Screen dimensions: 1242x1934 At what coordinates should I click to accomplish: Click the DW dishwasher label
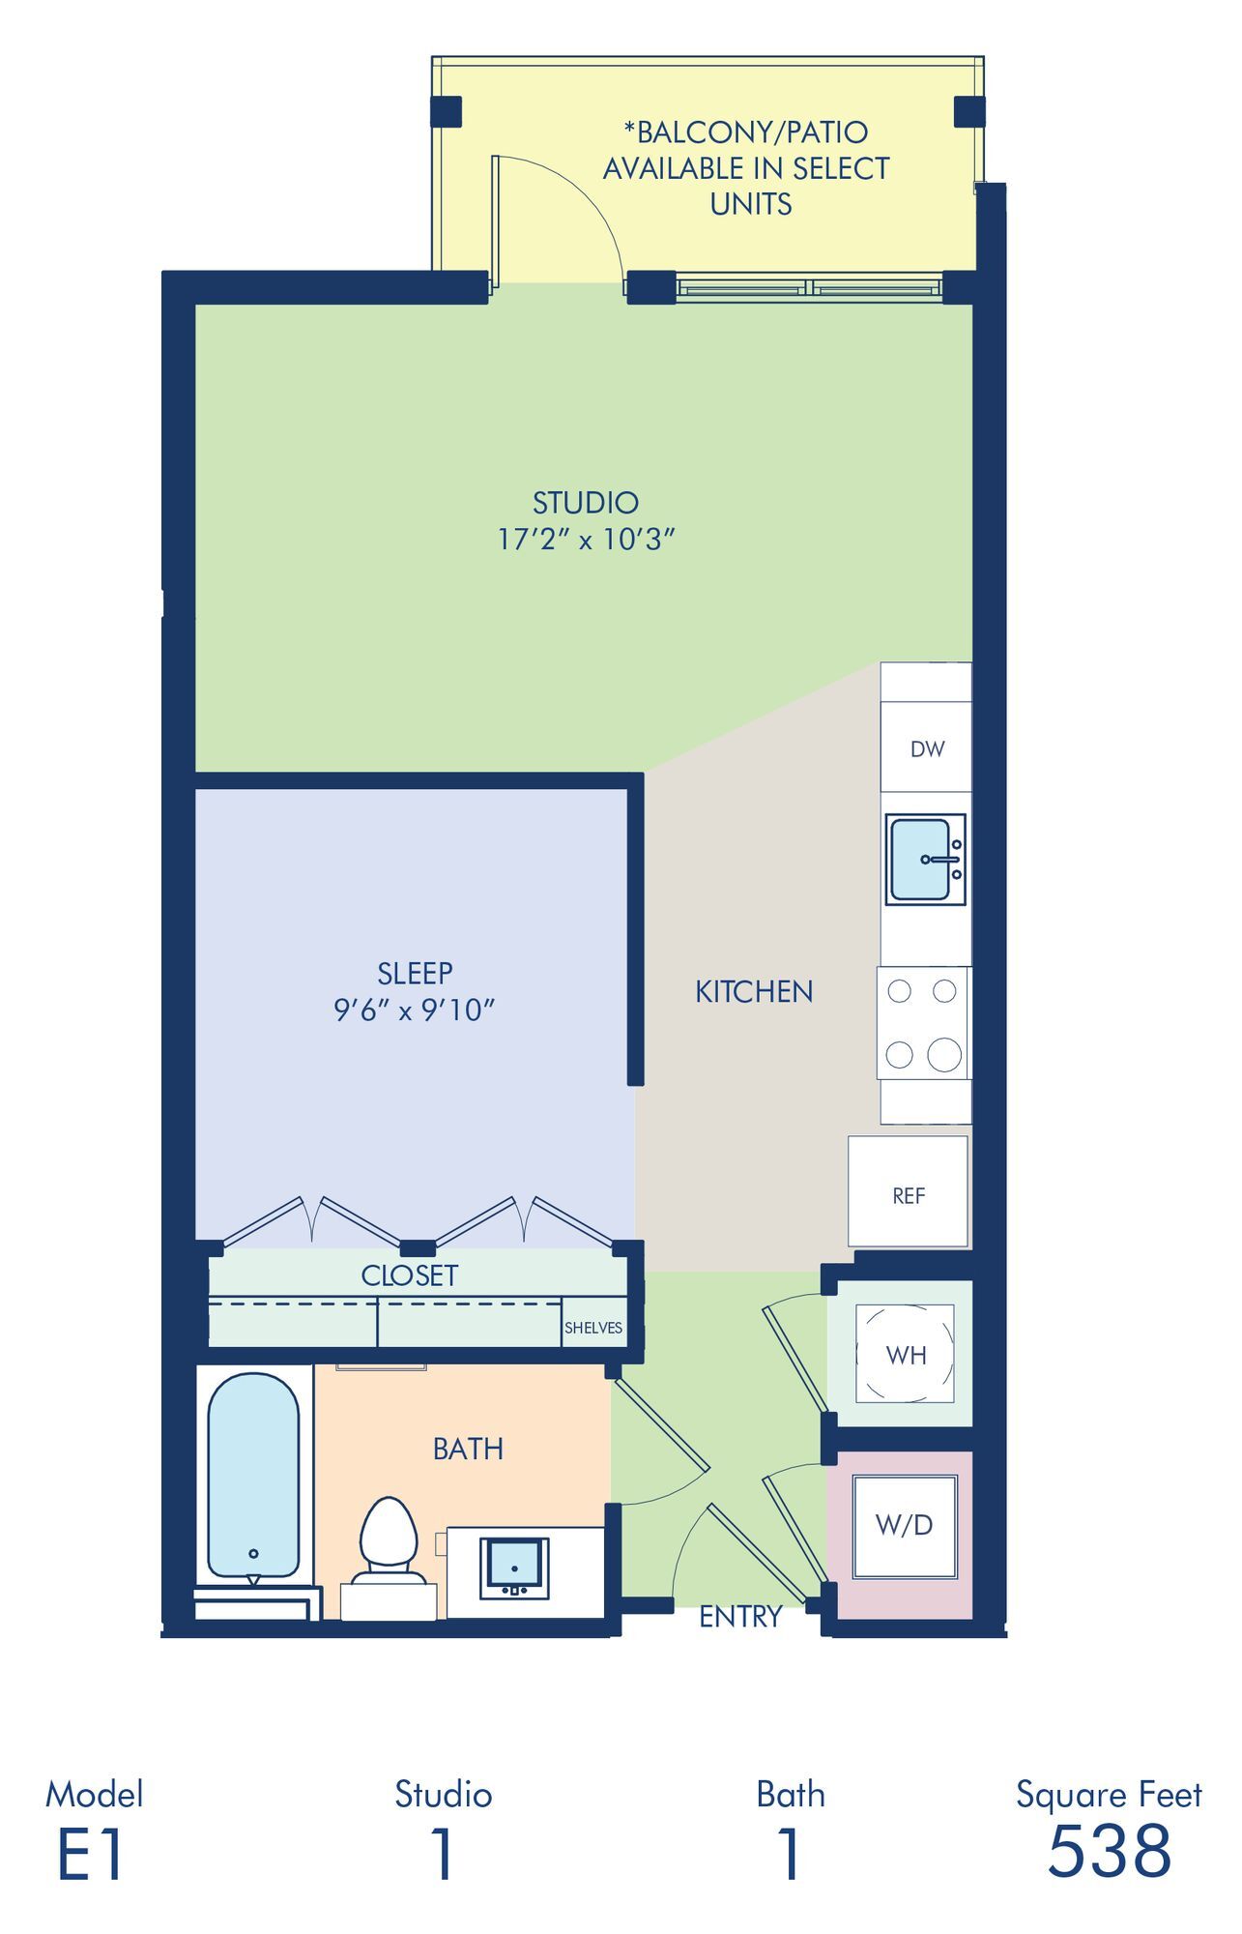point(927,748)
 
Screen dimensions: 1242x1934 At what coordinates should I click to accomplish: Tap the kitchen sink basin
point(919,859)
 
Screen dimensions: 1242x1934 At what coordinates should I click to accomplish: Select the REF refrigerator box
point(909,1191)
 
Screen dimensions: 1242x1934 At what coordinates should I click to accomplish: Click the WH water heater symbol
point(906,1354)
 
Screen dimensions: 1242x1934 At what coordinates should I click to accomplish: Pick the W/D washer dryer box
point(905,1526)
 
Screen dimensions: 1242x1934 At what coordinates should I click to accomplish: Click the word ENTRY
point(740,1616)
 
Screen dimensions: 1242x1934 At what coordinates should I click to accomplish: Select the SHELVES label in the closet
point(593,1328)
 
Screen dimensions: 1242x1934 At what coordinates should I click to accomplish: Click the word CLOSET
point(409,1275)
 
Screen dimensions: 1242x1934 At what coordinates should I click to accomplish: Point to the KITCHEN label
point(754,991)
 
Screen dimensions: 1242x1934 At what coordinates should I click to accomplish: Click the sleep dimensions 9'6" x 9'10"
point(415,1011)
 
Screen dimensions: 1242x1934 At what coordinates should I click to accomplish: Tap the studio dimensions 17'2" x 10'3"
point(586,540)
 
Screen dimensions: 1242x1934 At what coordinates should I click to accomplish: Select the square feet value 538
point(1110,1851)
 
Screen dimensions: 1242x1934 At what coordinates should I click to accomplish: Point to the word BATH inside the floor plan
point(468,1449)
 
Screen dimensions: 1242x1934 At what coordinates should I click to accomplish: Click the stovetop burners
point(923,1023)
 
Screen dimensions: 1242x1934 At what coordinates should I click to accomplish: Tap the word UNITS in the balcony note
point(751,204)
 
